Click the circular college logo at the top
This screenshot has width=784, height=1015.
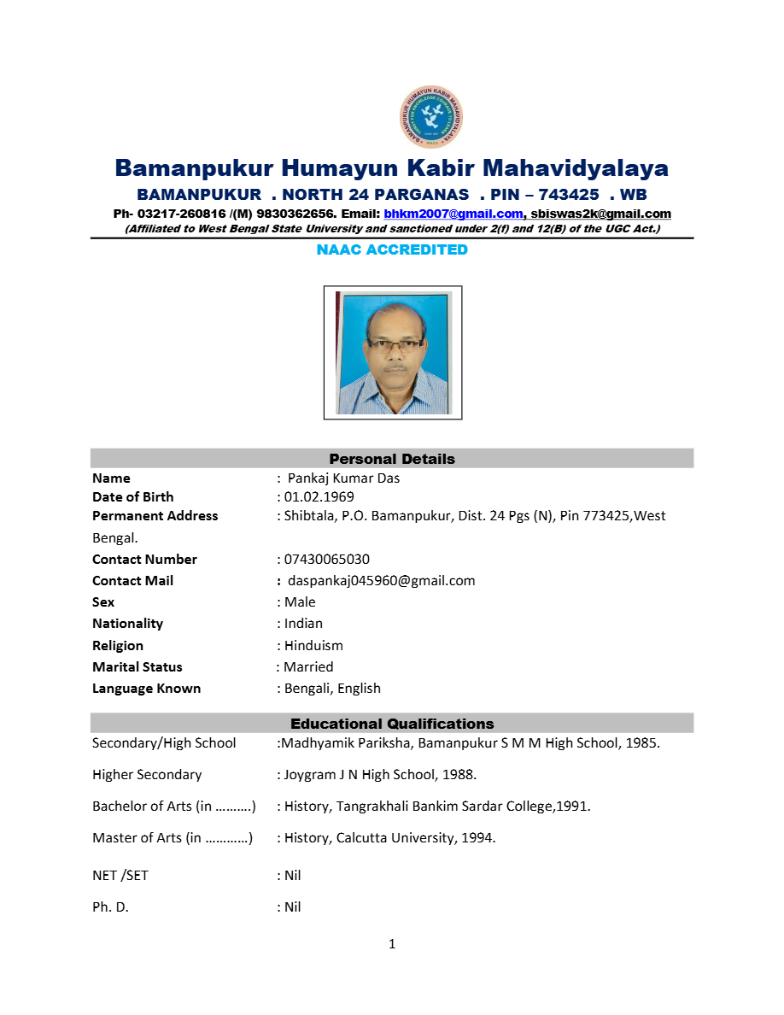click(x=430, y=117)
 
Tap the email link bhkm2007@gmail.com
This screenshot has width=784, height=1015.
click(x=453, y=214)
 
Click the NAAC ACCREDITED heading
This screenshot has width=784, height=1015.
click(x=392, y=249)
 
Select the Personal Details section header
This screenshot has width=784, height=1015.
click(x=392, y=459)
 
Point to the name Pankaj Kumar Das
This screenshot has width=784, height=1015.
click(x=343, y=478)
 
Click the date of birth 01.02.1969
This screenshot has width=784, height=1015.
click(x=319, y=497)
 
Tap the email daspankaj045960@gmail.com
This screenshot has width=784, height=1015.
click(x=381, y=581)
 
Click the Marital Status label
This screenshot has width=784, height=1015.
click(x=137, y=667)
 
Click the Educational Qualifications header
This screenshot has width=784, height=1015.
click(x=392, y=724)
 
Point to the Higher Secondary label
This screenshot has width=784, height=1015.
click(x=147, y=775)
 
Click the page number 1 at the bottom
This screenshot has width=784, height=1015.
click(x=392, y=944)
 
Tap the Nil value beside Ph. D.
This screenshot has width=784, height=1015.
click(x=292, y=907)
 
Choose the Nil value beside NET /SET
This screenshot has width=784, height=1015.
click(x=292, y=876)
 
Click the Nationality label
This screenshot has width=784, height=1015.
click(x=127, y=624)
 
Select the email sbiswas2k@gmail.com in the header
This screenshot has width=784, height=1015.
click(x=600, y=214)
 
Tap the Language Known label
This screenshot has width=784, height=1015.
click(x=146, y=689)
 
